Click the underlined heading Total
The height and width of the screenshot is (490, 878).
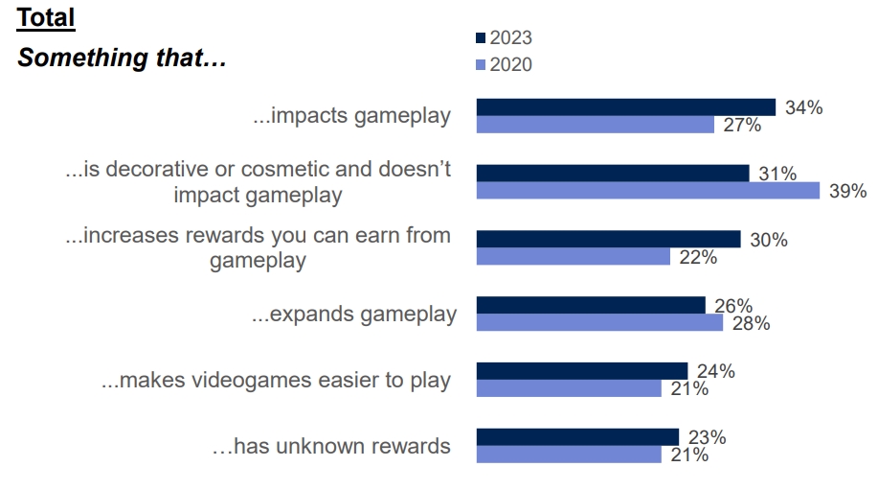click(x=46, y=18)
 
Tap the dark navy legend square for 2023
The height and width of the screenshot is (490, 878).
click(x=481, y=38)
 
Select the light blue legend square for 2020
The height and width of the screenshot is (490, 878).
click(x=481, y=65)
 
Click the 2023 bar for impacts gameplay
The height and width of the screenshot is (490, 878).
click(x=626, y=107)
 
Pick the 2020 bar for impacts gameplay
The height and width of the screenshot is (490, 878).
click(x=596, y=125)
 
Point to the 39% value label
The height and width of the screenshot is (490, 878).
click(x=847, y=191)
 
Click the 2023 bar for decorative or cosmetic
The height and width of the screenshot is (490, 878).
click(x=613, y=174)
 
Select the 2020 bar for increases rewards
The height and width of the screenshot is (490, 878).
click(x=574, y=257)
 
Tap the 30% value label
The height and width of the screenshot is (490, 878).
click(x=769, y=240)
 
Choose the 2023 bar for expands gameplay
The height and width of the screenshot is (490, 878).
click(x=591, y=305)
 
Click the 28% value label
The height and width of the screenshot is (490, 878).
click(x=751, y=323)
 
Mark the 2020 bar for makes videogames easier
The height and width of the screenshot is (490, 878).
click(x=569, y=388)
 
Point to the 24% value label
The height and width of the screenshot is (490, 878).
click(x=715, y=371)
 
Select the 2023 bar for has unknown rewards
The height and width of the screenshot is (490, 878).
click(x=577, y=437)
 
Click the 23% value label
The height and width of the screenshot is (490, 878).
click(x=707, y=437)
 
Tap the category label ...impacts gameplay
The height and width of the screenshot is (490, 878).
click(x=351, y=116)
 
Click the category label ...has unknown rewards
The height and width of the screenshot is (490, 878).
click(x=331, y=446)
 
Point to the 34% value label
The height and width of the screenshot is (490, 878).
click(x=803, y=107)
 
